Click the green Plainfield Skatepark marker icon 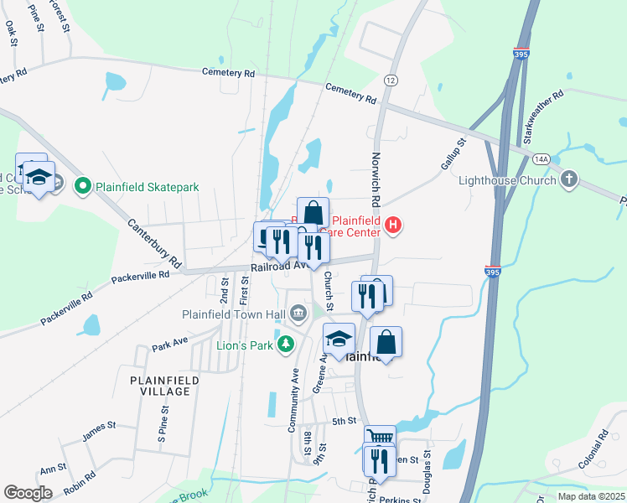click(82, 186)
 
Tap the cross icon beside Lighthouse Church click(569, 179)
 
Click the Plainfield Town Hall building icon click(298, 314)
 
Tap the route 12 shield click(391, 80)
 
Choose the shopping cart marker click(380, 436)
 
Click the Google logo click(28, 492)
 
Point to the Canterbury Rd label click(155, 243)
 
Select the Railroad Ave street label click(274, 265)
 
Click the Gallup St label click(452, 156)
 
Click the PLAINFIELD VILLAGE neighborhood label click(164, 386)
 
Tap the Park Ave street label click(169, 345)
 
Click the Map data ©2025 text click(590, 496)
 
